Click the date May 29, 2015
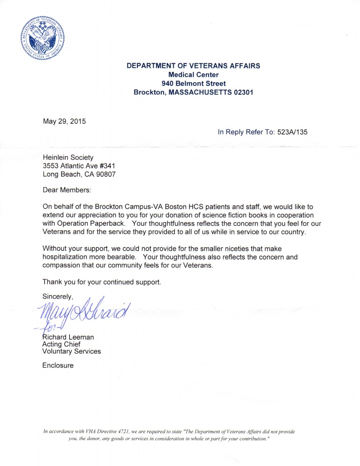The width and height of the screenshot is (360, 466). [64, 121]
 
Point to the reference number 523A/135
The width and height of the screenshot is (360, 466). [292, 132]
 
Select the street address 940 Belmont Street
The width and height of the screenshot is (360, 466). [193, 83]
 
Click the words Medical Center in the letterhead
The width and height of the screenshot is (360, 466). [193, 75]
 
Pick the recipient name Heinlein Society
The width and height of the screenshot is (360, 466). [68, 157]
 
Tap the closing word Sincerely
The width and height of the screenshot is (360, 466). [57, 296]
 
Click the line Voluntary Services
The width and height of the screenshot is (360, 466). [71, 351]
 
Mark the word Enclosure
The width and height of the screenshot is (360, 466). [58, 365]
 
